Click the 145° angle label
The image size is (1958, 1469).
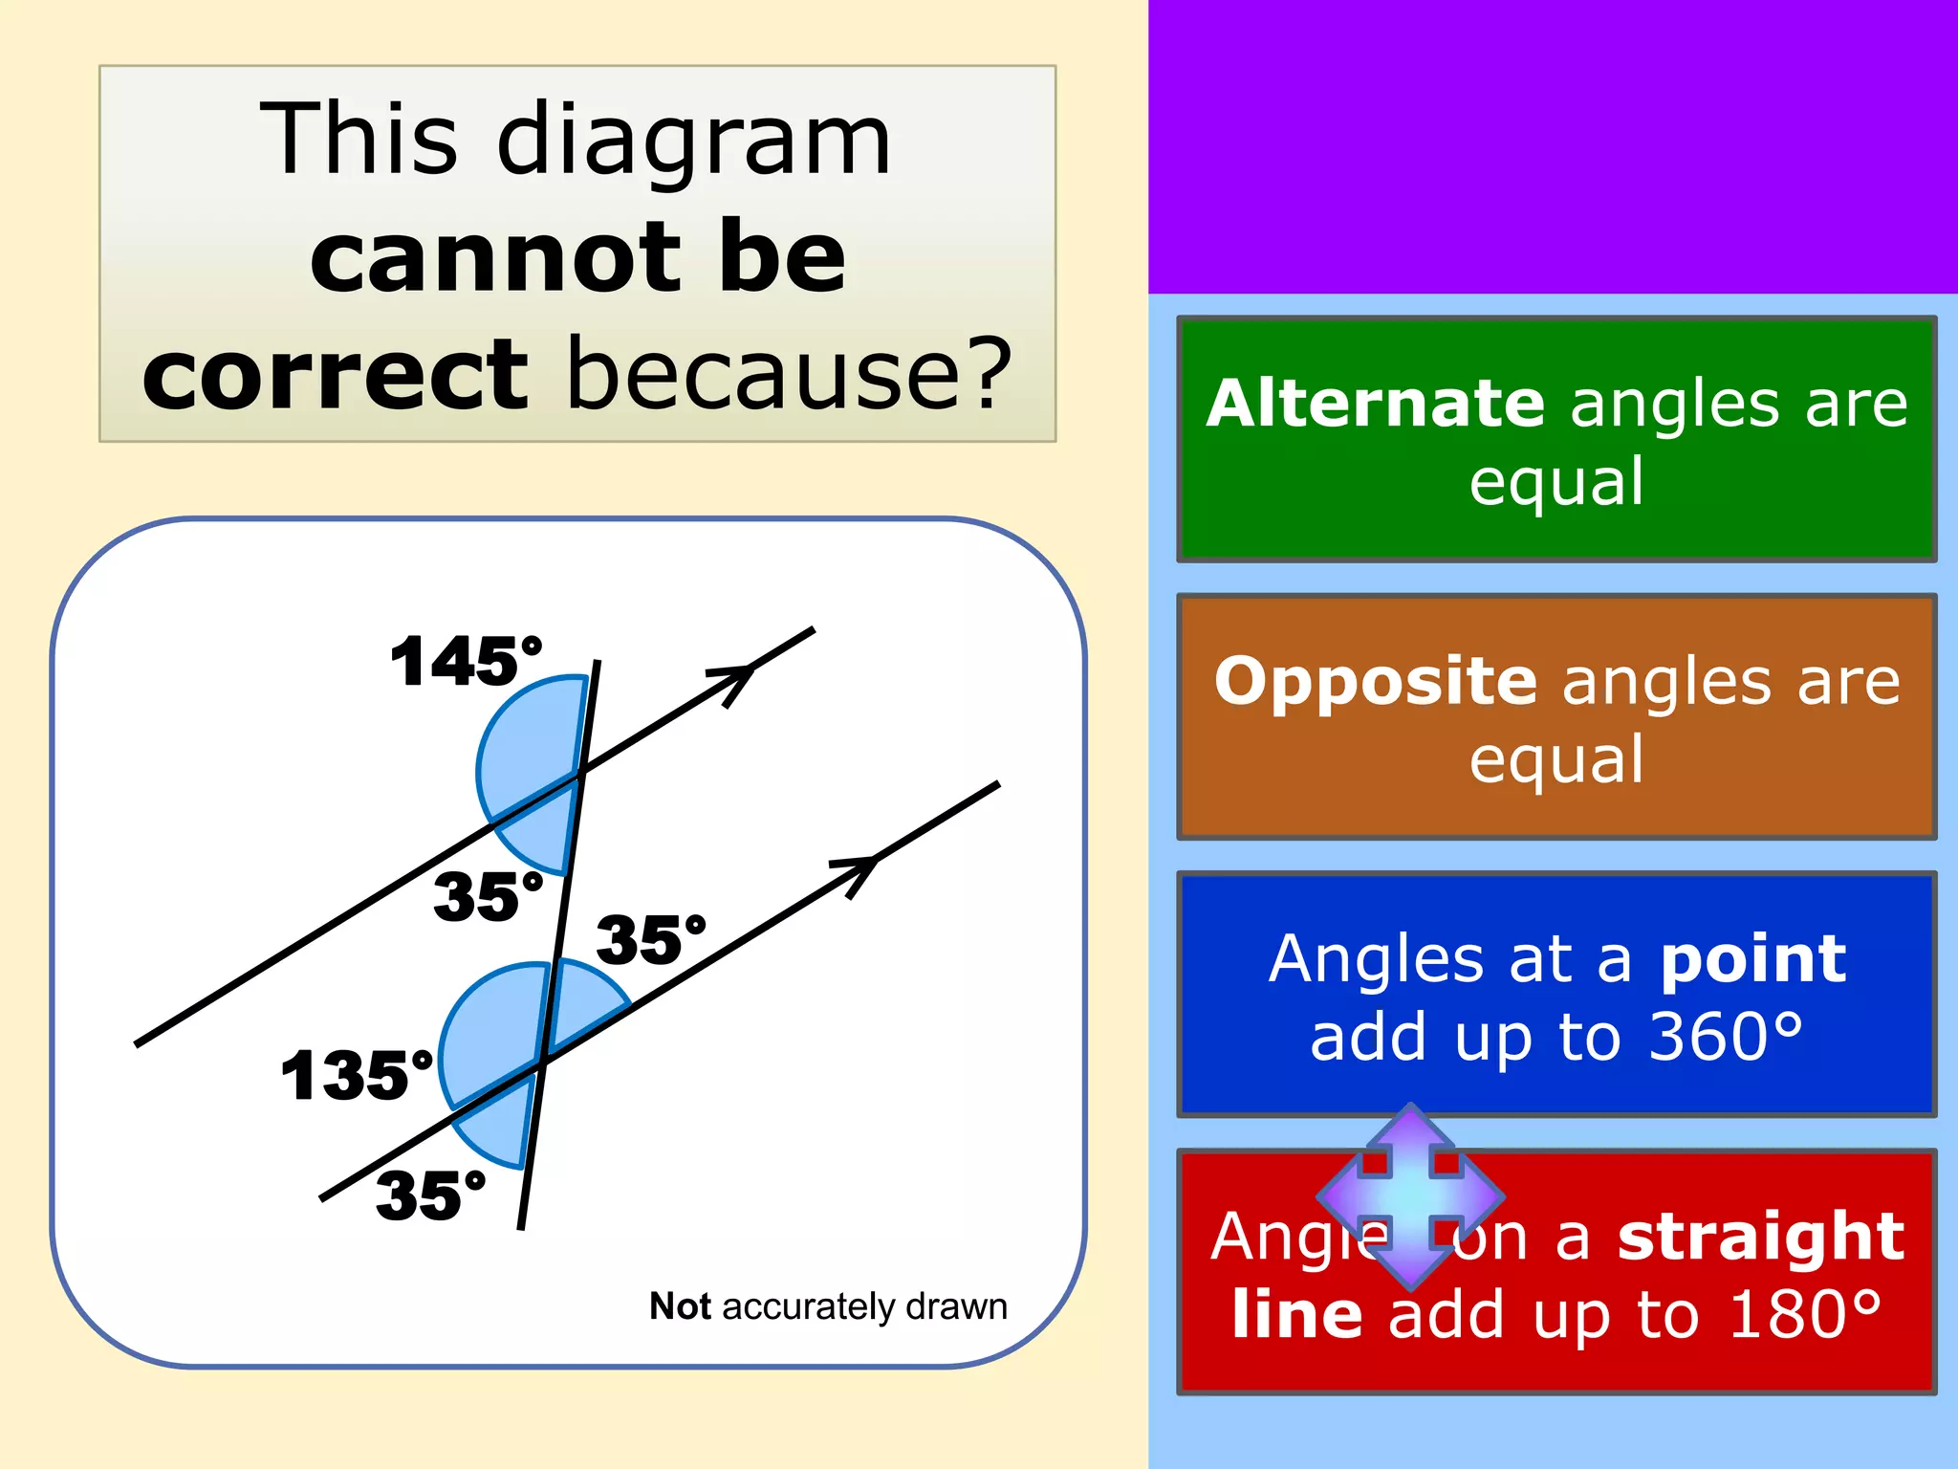[x=466, y=662]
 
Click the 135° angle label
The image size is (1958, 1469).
[x=357, y=1076]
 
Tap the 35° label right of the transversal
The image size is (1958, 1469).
[x=650, y=939]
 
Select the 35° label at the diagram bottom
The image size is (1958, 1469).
[x=430, y=1195]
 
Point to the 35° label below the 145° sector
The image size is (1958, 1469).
[x=488, y=897]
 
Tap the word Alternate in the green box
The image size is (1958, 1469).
[x=1375, y=404]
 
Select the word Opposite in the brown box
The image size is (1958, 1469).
[x=1376, y=681]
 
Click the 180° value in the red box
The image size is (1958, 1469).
[x=1805, y=1315]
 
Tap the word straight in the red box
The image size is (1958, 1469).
[x=1761, y=1236]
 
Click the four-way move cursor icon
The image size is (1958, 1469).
[x=1411, y=1195]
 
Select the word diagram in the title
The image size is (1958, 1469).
[x=694, y=142]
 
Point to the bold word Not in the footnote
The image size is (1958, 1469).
[x=680, y=1306]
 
